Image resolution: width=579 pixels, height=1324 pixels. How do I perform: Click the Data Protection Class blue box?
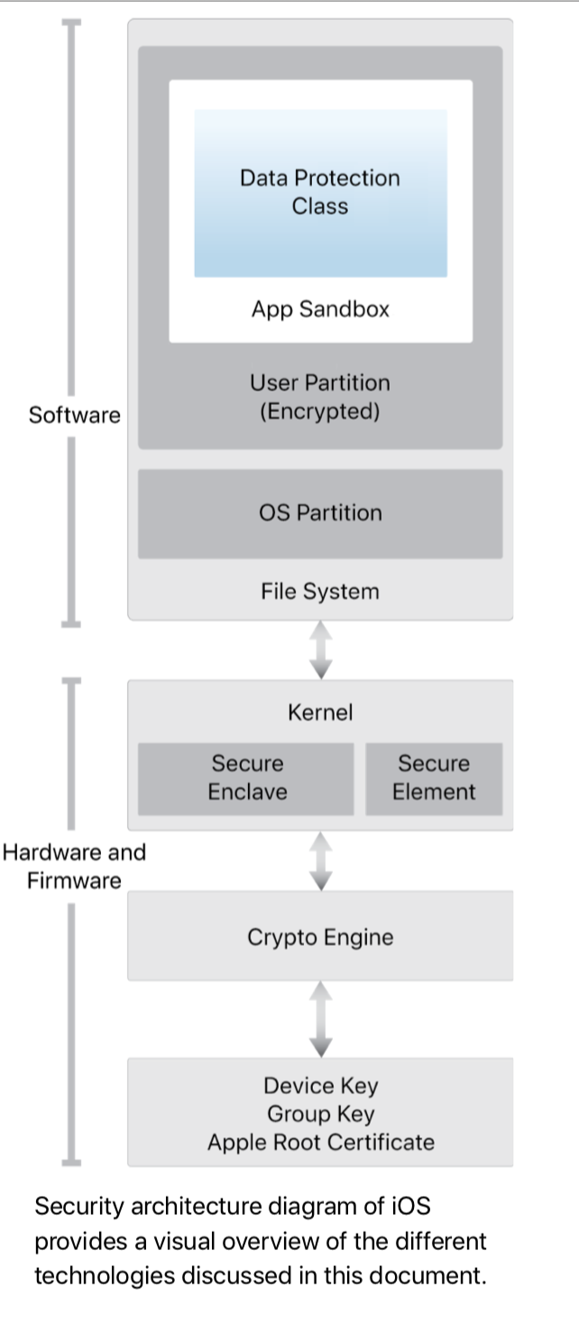[320, 192]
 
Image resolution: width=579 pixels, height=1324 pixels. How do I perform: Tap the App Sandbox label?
[320, 309]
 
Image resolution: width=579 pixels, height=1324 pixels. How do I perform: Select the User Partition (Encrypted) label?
[320, 398]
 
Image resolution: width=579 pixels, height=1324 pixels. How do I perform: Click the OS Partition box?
[320, 513]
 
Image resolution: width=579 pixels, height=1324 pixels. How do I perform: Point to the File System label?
[320, 592]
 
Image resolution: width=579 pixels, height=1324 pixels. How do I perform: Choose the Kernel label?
[320, 713]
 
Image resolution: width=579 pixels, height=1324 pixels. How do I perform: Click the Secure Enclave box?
[246, 778]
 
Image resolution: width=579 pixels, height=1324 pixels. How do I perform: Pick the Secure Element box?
[434, 778]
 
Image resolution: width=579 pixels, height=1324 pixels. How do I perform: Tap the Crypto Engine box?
[320, 937]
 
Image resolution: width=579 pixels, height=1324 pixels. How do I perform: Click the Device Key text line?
[320, 1086]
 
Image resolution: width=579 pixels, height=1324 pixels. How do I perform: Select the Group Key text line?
[320, 1114]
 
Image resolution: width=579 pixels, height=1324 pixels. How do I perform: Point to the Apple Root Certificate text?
[320, 1143]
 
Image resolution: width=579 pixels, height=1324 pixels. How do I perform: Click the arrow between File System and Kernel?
[321, 650]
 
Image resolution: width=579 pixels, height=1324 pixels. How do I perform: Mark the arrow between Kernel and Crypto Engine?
[321, 860]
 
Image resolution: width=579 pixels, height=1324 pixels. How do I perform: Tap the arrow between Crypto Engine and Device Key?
[321, 1019]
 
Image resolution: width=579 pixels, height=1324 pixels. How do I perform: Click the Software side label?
[74, 416]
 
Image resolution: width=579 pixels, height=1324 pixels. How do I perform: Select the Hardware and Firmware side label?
[74, 866]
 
